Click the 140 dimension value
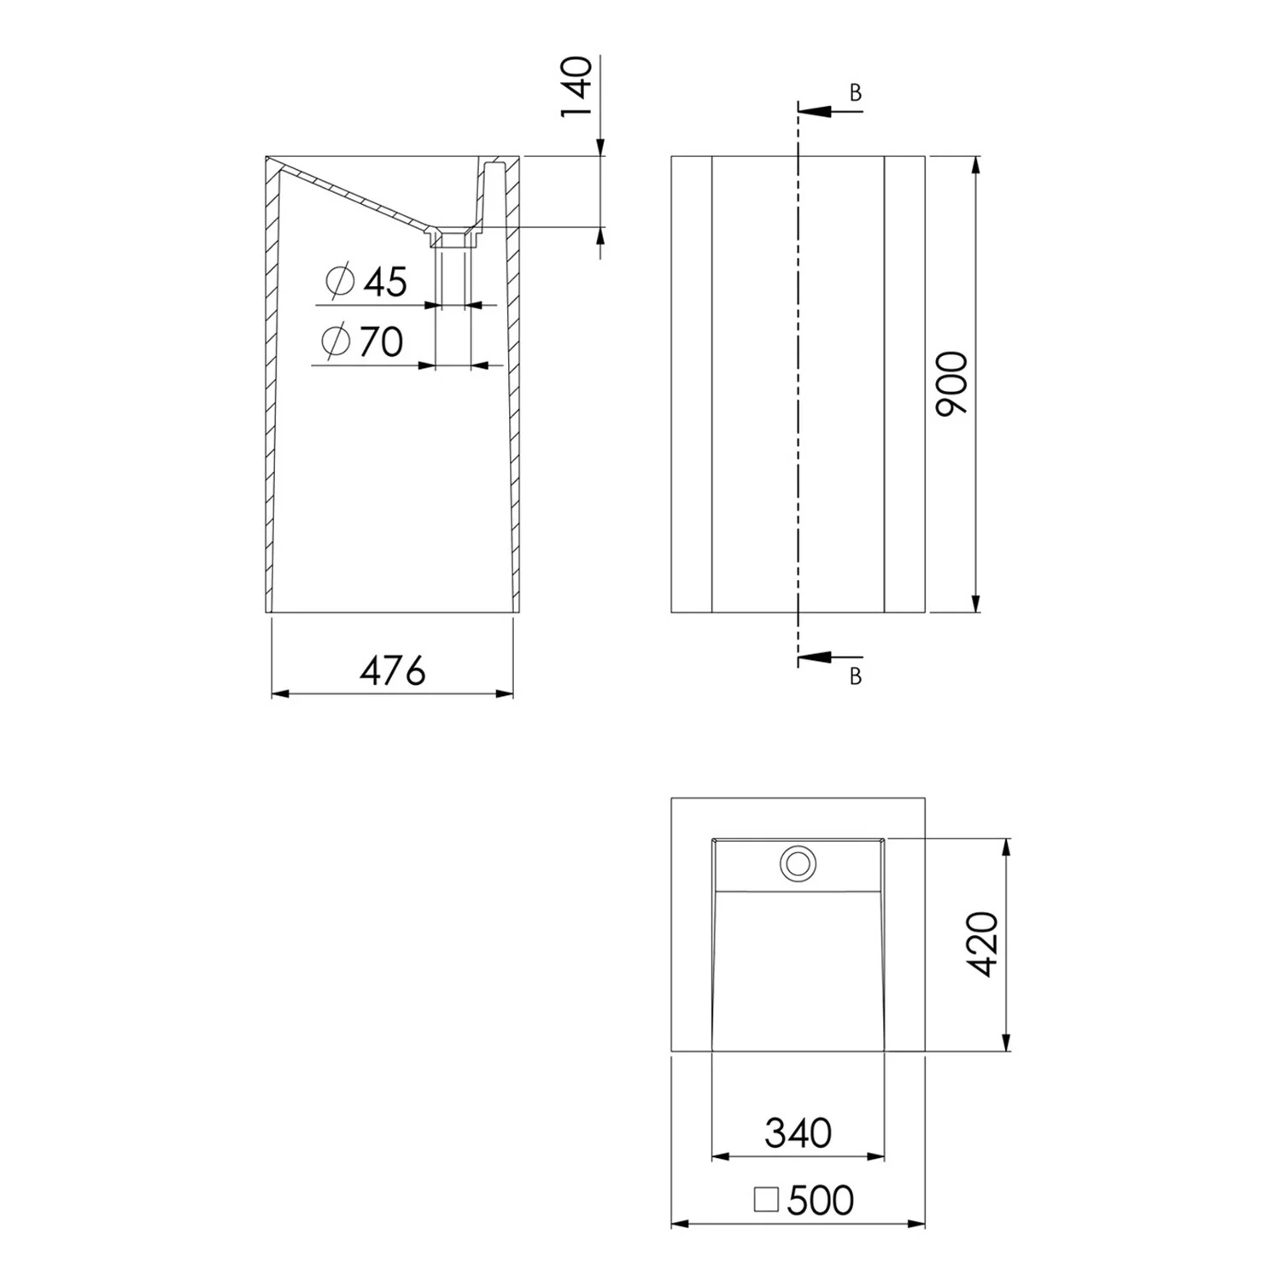(x=577, y=89)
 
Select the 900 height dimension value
(x=952, y=384)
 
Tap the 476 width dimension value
(x=392, y=670)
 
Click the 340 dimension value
(x=798, y=1133)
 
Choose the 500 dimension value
(x=821, y=1201)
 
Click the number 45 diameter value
(x=386, y=282)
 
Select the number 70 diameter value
(x=381, y=342)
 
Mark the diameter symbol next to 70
(x=336, y=342)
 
